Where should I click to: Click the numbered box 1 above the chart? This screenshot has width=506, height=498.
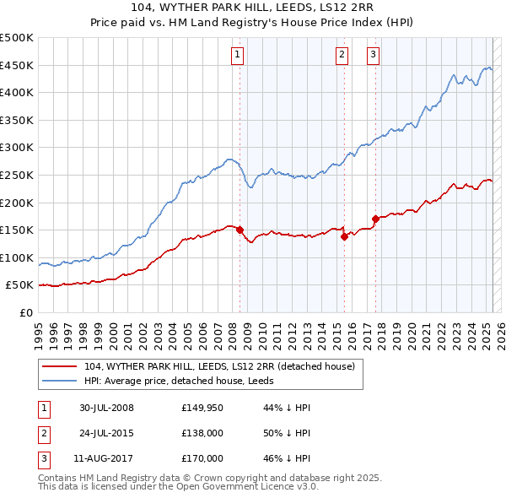pyautogui.click(x=238, y=56)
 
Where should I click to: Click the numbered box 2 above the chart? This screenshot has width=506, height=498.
pyautogui.click(x=342, y=56)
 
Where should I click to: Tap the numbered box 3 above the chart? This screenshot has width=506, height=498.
pyautogui.click(x=373, y=56)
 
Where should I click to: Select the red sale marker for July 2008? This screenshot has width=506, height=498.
pyautogui.click(x=240, y=230)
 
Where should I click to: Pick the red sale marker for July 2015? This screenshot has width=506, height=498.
pyautogui.click(x=344, y=237)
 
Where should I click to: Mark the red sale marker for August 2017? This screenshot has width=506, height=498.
pyautogui.click(x=375, y=219)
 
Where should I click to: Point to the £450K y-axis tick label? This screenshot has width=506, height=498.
pyautogui.click(x=17, y=65)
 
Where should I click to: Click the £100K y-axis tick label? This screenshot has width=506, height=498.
pyautogui.click(x=17, y=257)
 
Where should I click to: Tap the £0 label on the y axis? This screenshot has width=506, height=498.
pyautogui.click(x=25, y=312)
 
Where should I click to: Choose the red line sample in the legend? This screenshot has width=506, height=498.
pyautogui.click(x=60, y=366)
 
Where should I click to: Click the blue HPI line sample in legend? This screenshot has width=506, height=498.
pyautogui.click(x=60, y=381)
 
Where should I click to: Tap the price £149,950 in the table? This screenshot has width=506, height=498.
pyautogui.click(x=202, y=408)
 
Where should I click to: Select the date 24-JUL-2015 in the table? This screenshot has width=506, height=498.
pyautogui.click(x=107, y=433)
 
